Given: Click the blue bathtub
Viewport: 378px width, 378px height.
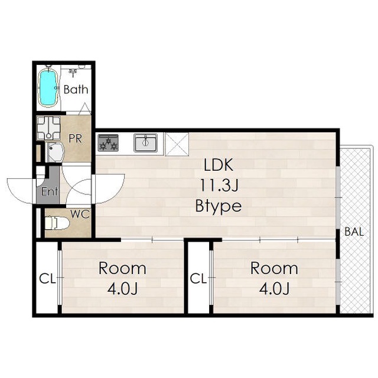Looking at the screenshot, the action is pos(48,87).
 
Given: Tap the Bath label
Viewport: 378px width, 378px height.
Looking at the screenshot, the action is pos(76,89).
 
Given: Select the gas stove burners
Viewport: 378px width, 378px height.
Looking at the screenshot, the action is pos(108,143).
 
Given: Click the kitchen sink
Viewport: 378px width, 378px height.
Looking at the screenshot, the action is pos(146,143).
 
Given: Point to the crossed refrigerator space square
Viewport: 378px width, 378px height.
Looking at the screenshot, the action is pos(177,144).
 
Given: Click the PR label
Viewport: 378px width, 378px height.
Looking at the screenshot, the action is pos(75,138).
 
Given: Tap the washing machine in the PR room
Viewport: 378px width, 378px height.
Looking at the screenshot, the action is pos(48,128).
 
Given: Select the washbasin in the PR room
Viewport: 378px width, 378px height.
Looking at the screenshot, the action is pos(55,152).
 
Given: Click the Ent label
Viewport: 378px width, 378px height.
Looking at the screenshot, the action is pos(50,191).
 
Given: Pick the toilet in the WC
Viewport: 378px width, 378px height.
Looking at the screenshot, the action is pos(57,224).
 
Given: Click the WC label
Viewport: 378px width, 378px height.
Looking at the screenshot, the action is pos(80,214).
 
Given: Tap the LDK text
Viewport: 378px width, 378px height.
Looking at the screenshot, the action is pos(219,165).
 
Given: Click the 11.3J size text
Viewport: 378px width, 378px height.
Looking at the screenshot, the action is pos(219,185).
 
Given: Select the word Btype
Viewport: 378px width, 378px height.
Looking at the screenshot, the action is pos(219,206).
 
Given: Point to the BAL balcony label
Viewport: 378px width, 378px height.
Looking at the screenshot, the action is pos(354,232).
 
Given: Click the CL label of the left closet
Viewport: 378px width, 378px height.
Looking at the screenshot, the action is pos(47,279).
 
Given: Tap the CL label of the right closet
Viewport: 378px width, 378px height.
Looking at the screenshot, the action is pos(198,278).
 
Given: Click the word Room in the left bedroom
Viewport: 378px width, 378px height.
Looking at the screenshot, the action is pos(122,268).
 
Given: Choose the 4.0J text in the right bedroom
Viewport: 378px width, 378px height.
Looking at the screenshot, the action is pos(274,289).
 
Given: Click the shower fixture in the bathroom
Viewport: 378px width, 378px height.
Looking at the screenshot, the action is pos(73,72).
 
